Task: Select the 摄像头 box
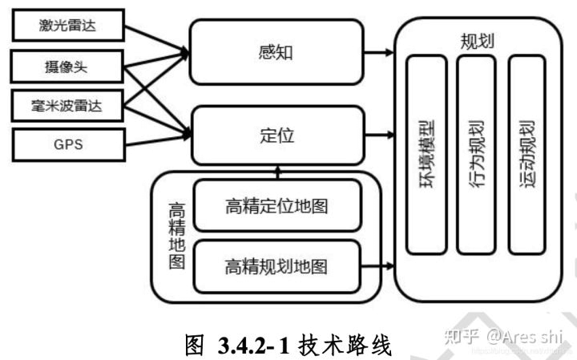68,67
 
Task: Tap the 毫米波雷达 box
68,104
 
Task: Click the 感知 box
276,54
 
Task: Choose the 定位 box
276,134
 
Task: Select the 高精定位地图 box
276,205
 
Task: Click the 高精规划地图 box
276,264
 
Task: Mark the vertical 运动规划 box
527,152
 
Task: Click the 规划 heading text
478,41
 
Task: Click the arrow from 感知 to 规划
380,54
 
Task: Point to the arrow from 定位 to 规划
380,134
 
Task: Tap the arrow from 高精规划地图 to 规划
378,265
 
